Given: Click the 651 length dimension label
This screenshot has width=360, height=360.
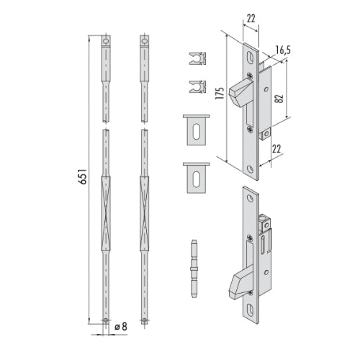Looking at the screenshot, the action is click(x=82, y=176).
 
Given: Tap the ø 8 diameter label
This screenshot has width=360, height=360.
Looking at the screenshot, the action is click(x=121, y=326).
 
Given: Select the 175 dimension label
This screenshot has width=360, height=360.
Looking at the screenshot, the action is click(x=220, y=93).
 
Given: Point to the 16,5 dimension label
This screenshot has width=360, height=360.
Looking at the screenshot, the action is click(x=283, y=50).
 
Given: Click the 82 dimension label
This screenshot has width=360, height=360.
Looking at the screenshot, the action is click(x=279, y=98).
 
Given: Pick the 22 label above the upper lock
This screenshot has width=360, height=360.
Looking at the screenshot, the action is click(x=251, y=19).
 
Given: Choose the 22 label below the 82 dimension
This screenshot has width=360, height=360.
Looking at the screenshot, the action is click(x=276, y=149).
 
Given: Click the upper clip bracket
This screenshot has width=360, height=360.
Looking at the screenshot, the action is click(x=197, y=58).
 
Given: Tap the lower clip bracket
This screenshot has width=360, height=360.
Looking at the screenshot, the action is click(x=197, y=86).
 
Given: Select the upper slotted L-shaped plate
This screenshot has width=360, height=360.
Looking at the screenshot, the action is click(x=197, y=130).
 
